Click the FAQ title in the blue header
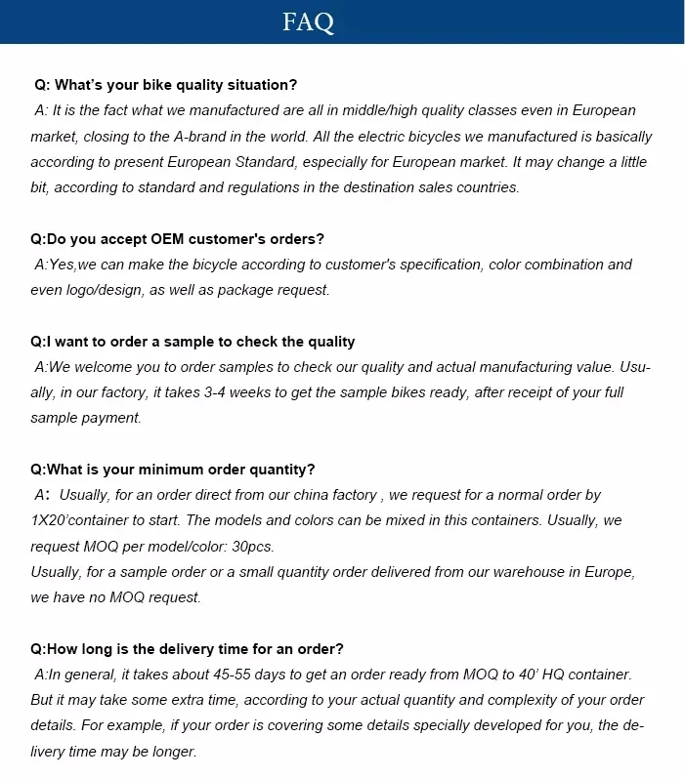(309, 22)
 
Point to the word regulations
(296, 187)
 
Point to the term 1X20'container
(79, 520)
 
